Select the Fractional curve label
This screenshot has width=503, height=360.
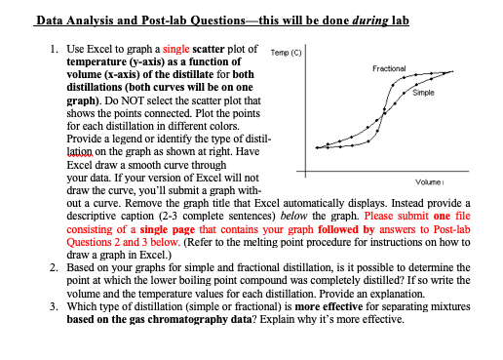(x=394, y=68)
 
